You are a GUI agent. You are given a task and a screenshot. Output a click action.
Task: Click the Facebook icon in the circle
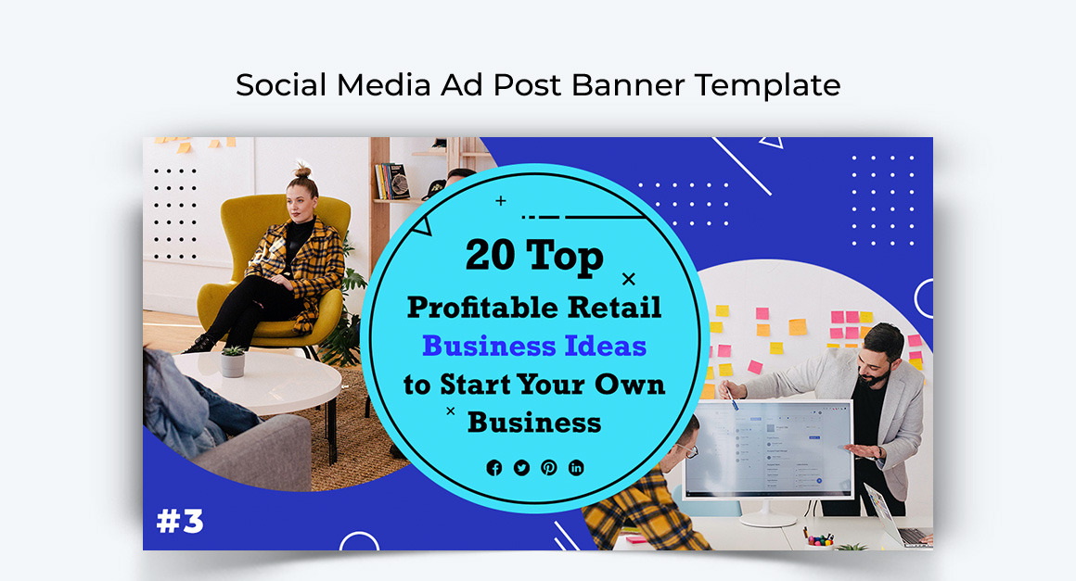click(x=494, y=468)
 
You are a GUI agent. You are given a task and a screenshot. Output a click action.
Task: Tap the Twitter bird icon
click(x=521, y=468)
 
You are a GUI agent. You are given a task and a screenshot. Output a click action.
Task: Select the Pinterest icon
click(x=549, y=468)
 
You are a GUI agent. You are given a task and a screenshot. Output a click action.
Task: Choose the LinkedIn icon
click(x=576, y=468)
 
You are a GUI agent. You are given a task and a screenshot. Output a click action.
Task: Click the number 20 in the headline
click(x=490, y=255)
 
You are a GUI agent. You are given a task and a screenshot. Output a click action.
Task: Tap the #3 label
click(x=181, y=522)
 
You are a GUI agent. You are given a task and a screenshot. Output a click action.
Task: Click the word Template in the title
click(x=768, y=85)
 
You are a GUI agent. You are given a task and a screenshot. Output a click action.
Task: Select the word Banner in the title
click(x=628, y=85)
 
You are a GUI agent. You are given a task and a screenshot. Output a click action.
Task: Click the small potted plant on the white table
click(x=233, y=361)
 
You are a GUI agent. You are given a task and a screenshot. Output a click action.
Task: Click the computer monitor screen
click(x=769, y=449)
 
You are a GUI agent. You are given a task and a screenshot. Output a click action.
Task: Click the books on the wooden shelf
click(x=391, y=181)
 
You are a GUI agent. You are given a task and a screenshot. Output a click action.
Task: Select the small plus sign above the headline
click(x=501, y=201)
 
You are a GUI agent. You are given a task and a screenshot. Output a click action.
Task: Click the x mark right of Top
click(x=629, y=279)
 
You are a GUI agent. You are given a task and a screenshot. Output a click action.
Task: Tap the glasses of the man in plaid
click(x=687, y=449)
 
